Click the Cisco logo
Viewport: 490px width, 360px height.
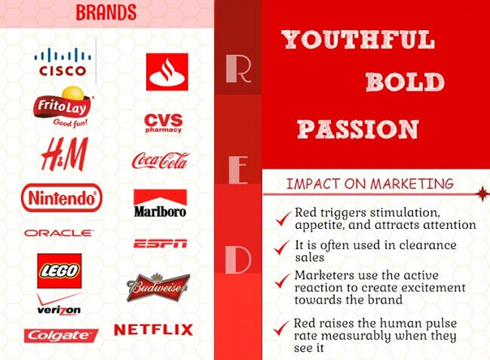63,62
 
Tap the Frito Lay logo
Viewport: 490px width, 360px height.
63,107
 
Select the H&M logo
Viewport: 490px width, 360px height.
65,154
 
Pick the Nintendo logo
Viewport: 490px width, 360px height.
62,198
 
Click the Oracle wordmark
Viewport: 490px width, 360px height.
59,233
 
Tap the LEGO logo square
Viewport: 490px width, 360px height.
60,270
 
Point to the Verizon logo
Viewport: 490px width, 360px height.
59,304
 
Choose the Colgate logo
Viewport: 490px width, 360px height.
61,336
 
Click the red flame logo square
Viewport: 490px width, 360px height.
167,72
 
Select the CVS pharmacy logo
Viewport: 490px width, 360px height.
164,124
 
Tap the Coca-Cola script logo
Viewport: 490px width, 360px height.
161,161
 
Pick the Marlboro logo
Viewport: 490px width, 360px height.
161,203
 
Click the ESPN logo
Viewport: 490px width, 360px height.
161,243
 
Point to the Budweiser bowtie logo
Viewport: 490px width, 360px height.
158,288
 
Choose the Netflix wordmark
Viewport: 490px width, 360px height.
154,330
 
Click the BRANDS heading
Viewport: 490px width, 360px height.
106,13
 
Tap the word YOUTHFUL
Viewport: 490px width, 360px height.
358,40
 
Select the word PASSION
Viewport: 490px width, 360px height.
358,130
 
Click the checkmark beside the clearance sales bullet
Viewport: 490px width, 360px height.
281,248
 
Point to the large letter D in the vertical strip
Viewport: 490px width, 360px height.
238,260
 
